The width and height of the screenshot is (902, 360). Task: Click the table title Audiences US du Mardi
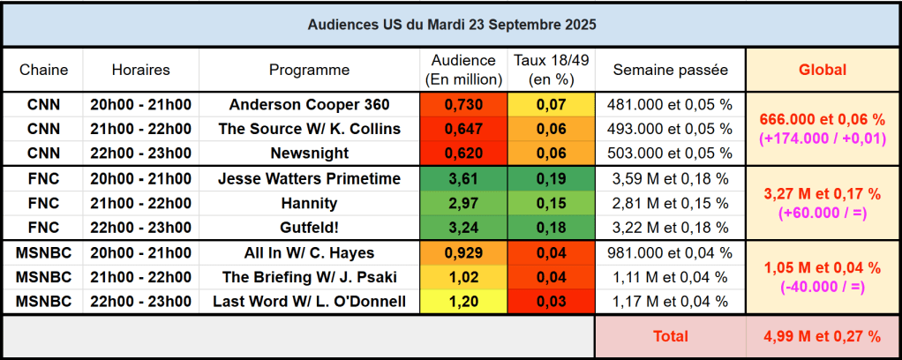pyautogui.click(x=451, y=25)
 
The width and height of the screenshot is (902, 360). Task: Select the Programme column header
pyautogui.click(x=309, y=70)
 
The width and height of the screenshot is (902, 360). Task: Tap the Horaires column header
pyautogui.click(x=141, y=70)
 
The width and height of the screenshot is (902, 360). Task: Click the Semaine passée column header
pyautogui.click(x=670, y=70)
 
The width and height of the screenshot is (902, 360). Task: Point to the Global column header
pyautogui.click(x=822, y=70)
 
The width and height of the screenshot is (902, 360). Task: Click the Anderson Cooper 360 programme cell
pyautogui.click(x=309, y=104)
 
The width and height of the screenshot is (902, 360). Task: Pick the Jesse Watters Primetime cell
pyautogui.click(x=309, y=178)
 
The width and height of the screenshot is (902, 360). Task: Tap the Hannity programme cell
pyautogui.click(x=309, y=203)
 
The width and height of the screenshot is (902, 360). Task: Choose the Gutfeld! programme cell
pyautogui.click(x=309, y=228)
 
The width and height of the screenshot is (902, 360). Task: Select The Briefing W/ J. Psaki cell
pyautogui.click(x=309, y=277)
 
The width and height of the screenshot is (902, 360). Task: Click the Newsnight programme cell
pyautogui.click(x=309, y=154)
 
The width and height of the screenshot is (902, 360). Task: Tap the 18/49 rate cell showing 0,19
pyautogui.click(x=551, y=178)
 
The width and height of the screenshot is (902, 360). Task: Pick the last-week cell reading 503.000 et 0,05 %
pyautogui.click(x=670, y=154)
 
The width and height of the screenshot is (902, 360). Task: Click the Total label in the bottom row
pyautogui.click(x=670, y=336)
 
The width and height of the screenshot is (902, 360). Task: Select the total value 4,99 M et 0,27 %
pyautogui.click(x=822, y=336)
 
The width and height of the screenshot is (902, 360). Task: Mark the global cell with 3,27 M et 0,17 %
pyautogui.click(x=822, y=203)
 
